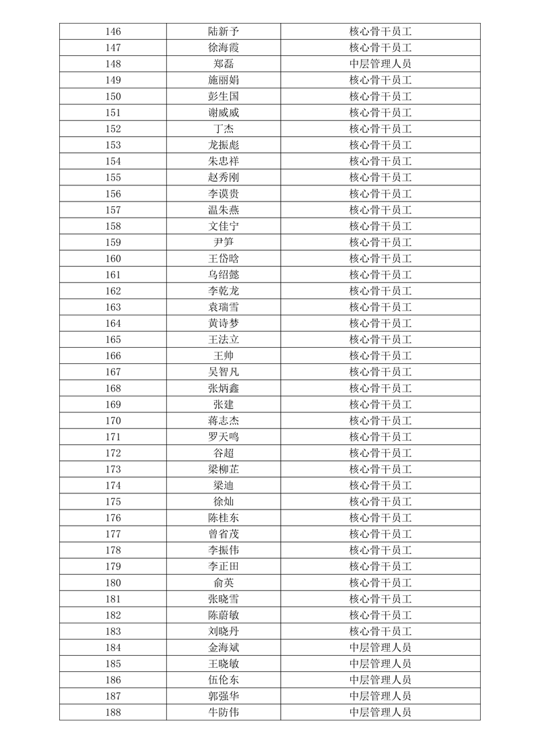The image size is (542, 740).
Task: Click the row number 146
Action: (x=113, y=32)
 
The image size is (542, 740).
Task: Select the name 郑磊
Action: (x=224, y=64)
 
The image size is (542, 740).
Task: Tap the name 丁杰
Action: (x=224, y=129)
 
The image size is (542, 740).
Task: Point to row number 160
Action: (x=113, y=259)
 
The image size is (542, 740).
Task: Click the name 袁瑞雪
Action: (x=224, y=307)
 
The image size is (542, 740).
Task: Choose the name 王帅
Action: (x=224, y=356)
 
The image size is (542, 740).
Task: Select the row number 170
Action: (x=113, y=421)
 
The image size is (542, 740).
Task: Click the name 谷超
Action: (x=224, y=453)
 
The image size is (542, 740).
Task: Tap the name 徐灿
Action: (x=224, y=501)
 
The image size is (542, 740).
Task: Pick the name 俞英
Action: (x=224, y=583)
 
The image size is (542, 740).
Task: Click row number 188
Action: (x=113, y=712)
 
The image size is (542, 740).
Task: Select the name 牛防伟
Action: (x=224, y=712)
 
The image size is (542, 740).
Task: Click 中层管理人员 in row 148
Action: (x=380, y=64)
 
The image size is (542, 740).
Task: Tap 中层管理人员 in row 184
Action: (x=380, y=648)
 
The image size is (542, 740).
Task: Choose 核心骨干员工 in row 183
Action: (x=380, y=631)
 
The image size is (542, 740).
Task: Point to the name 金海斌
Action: (x=224, y=648)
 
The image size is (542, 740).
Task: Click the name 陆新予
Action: (x=224, y=32)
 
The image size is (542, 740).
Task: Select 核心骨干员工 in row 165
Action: (x=380, y=340)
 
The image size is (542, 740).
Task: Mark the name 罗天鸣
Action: (x=224, y=437)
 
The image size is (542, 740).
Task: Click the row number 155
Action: (x=113, y=177)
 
